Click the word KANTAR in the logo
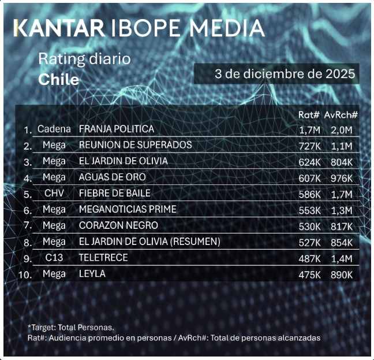(59, 28)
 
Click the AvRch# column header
(341, 114)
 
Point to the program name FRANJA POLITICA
(116, 128)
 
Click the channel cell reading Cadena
(54, 128)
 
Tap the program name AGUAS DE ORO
(112, 177)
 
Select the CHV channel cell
(54, 193)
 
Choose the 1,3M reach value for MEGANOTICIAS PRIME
(341, 210)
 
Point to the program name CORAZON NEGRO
(118, 225)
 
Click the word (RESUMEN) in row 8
(195, 242)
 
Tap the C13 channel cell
(54, 258)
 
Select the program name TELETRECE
(103, 258)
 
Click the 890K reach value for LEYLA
(341, 274)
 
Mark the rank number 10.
(24, 274)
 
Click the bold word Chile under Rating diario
(58, 79)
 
